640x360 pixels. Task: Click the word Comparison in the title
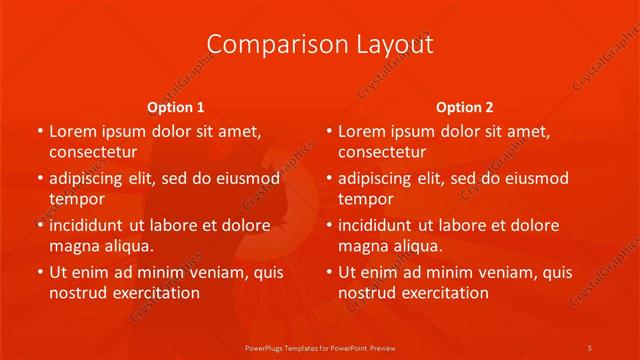tap(265, 44)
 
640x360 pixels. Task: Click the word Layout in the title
tap(391, 44)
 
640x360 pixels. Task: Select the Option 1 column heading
tap(176, 107)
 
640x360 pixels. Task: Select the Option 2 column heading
tap(465, 107)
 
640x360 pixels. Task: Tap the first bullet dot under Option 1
tap(39, 131)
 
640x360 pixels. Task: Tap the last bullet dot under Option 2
tap(329, 273)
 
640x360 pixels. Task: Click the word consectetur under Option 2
tap(382, 152)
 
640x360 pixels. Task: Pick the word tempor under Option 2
tap(365, 199)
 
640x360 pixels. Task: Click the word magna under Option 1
tap(73, 246)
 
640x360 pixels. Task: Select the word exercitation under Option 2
tap(442, 293)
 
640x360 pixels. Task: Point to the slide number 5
tap(590, 346)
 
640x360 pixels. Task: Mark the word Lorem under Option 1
tap(72, 131)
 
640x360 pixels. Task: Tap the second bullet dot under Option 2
tap(329, 179)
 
